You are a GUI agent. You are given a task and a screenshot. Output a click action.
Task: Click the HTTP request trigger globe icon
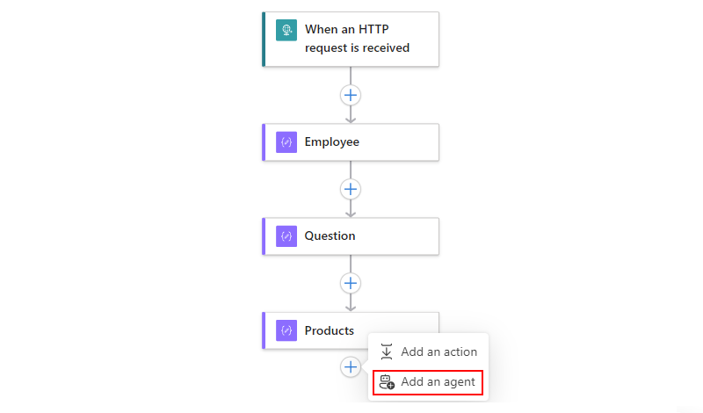tap(286, 30)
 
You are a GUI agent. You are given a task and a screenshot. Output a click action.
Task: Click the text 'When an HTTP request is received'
tap(357, 39)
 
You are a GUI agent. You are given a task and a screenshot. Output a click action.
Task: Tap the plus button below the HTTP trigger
tap(351, 95)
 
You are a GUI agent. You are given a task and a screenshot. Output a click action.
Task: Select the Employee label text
tap(332, 141)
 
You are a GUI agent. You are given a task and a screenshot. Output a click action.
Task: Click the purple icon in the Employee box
tap(286, 142)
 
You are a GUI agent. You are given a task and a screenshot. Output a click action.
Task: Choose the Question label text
tap(330, 235)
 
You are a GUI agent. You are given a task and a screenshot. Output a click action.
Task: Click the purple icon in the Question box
tap(286, 236)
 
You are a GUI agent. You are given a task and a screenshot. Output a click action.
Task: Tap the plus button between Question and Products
tap(351, 283)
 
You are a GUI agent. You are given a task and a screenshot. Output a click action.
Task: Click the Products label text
tap(329, 330)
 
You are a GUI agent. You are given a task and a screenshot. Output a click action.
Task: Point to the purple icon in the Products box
tap(286, 330)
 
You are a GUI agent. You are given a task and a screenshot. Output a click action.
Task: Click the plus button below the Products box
tap(351, 366)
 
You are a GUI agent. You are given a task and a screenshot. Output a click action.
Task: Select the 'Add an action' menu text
tap(438, 352)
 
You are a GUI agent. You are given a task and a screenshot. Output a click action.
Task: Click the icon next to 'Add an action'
tap(387, 351)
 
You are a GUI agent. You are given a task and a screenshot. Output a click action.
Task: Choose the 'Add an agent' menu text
tap(438, 381)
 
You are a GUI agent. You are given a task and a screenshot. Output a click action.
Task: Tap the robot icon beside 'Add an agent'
tap(387, 382)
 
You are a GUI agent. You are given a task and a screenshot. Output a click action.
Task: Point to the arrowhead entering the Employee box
tap(351, 120)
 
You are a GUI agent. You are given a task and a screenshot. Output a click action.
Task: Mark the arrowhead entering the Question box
tap(351, 214)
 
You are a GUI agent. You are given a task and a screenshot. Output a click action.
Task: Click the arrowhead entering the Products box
tap(351, 308)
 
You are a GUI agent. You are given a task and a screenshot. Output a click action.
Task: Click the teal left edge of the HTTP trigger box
tap(264, 40)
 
